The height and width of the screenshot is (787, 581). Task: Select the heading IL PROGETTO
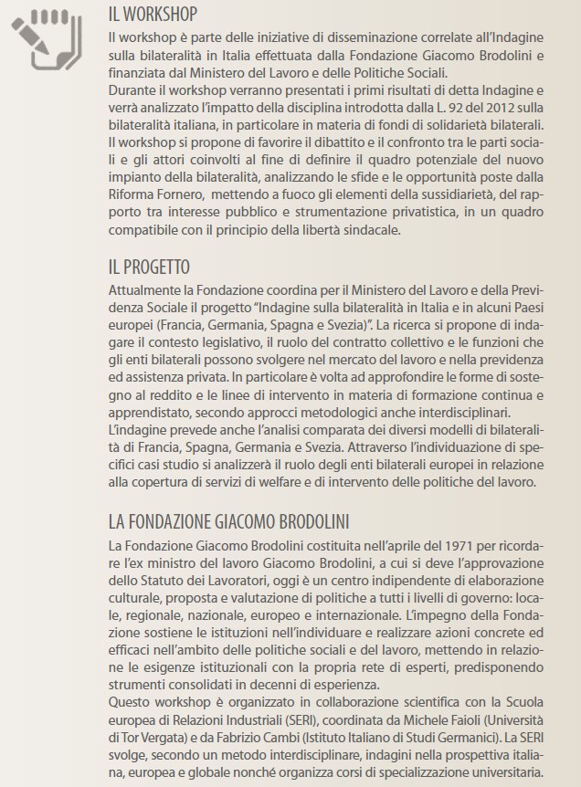point(149,268)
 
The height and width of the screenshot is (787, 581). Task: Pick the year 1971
point(395,545)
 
